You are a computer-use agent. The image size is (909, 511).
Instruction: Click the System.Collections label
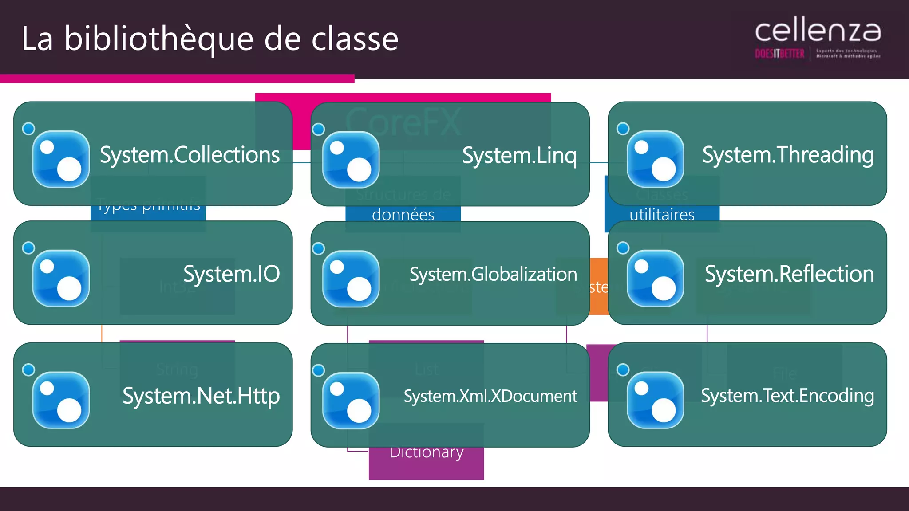tap(190, 155)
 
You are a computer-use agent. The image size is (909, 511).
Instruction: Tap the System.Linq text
tap(519, 156)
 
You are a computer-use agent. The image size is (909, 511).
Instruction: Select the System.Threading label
tap(788, 155)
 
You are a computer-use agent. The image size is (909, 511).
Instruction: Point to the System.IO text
tap(231, 274)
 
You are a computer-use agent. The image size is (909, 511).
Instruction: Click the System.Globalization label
tap(493, 275)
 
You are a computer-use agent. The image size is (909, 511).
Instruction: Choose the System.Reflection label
tap(789, 274)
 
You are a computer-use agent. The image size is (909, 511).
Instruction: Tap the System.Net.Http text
tap(201, 396)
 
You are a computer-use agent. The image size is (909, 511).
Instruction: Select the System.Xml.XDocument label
tap(490, 396)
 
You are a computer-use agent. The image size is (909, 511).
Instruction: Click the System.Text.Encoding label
tap(787, 396)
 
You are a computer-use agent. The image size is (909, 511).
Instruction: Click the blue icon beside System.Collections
tap(61, 159)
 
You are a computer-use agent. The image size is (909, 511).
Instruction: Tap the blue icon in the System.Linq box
tap(351, 160)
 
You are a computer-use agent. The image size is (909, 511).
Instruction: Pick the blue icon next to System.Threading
tap(655, 159)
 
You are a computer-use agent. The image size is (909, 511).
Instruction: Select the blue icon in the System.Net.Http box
tap(61, 400)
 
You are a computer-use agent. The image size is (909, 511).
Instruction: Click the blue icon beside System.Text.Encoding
tap(655, 400)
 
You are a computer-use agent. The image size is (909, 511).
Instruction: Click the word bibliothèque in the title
tap(159, 39)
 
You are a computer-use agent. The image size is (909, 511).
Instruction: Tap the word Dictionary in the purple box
tap(427, 452)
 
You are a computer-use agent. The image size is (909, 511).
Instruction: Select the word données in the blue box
tap(403, 215)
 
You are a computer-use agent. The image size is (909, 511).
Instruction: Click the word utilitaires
tap(662, 215)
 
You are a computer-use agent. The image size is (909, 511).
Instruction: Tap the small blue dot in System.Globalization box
tap(318, 249)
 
